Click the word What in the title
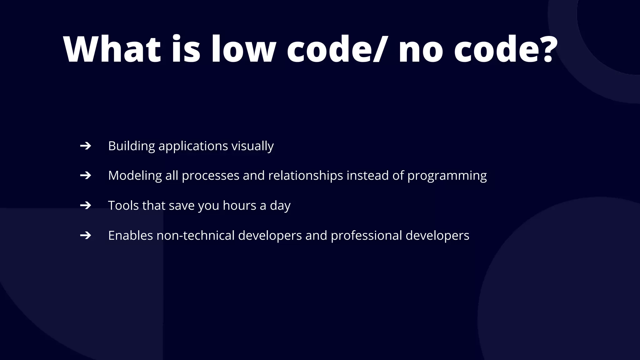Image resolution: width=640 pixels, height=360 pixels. [112, 49]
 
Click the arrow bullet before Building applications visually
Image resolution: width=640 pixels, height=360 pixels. [85, 146]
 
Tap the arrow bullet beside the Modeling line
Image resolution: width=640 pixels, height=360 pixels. [85, 176]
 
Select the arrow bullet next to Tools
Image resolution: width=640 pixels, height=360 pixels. [85, 206]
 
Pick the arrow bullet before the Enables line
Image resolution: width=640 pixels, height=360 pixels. [85, 235]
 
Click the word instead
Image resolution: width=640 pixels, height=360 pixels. [368, 176]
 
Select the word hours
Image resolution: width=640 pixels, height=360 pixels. [239, 206]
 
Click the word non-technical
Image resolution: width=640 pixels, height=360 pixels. [195, 235]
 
